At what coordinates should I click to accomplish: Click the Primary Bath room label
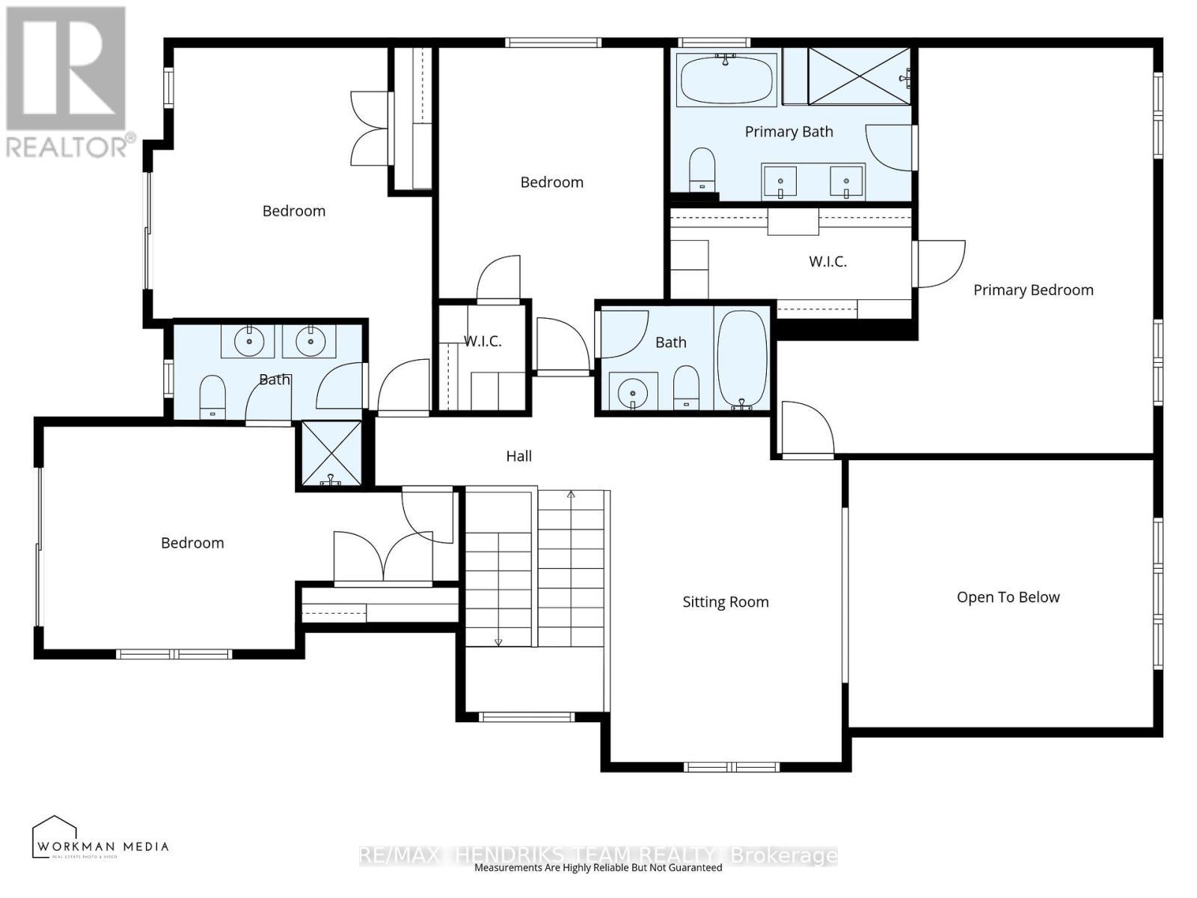click(x=789, y=132)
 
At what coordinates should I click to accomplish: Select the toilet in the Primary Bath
click(x=702, y=169)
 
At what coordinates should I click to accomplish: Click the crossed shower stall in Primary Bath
click(x=859, y=76)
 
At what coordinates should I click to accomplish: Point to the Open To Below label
click(x=1008, y=597)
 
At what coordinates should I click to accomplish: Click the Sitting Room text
click(x=725, y=602)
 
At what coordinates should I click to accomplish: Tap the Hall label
click(x=518, y=456)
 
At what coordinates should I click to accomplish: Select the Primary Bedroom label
click(x=1032, y=290)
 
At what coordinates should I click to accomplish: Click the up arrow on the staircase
click(x=571, y=495)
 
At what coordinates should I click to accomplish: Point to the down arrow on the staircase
click(x=498, y=640)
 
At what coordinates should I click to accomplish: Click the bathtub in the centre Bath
click(x=742, y=358)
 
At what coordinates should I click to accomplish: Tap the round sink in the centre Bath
click(x=634, y=392)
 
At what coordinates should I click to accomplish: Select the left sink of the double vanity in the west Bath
click(x=249, y=342)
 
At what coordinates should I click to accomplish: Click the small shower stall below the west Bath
click(x=331, y=453)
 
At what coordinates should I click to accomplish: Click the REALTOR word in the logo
click(x=67, y=147)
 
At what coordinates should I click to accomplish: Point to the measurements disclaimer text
click(x=598, y=868)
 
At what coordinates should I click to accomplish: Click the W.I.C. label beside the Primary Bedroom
click(x=827, y=261)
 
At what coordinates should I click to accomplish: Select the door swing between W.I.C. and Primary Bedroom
click(x=940, y=263)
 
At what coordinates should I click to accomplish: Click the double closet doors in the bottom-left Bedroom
click(x=383, y=558)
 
